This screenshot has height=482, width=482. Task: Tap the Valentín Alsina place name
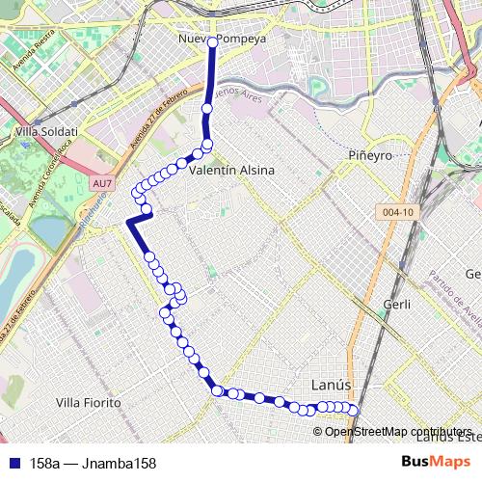[232, 170]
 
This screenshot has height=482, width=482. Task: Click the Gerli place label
[396, 304]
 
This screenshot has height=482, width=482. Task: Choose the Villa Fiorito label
[88, 401]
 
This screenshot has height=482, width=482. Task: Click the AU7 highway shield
[99, 181]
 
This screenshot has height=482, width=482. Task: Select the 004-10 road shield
[396, 213]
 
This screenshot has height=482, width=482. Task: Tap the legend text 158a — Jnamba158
[93, 463]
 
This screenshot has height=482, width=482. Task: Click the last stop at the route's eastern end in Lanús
[354, 412]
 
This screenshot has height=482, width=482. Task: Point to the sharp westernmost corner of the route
[127, 223]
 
